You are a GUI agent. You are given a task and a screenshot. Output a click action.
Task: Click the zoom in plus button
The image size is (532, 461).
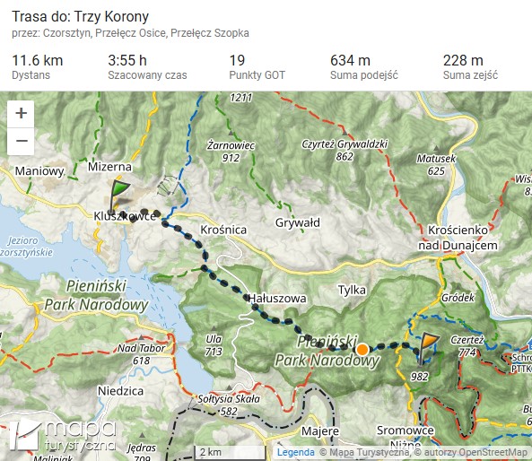tap(22, 114)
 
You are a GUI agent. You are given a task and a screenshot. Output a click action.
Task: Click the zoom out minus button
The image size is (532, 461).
tap(22, 142)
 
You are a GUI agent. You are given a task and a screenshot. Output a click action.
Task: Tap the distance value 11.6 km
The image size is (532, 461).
tap(37, 60)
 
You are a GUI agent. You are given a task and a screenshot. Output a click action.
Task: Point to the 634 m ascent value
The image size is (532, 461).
tap(350, 60)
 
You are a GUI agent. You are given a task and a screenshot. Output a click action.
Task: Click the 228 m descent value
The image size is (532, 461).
tap(463, 60)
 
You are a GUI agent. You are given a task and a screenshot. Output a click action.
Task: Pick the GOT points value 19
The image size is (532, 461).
tap(237, 60)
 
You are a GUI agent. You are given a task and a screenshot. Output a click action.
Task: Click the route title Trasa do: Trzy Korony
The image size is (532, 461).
tap(81, 17)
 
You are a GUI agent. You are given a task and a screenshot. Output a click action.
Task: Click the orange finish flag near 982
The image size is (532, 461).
tap(428, 344)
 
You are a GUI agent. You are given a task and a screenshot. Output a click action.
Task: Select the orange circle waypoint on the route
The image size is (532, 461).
tap(362, 349)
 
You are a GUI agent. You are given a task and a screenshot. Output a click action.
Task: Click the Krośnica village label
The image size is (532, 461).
tap(224, 230)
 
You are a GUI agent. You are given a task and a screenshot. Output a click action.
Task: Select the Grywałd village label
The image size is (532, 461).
tap(298, 222)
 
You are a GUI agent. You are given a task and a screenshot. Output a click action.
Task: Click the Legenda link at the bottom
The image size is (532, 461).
tap(295, 453)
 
